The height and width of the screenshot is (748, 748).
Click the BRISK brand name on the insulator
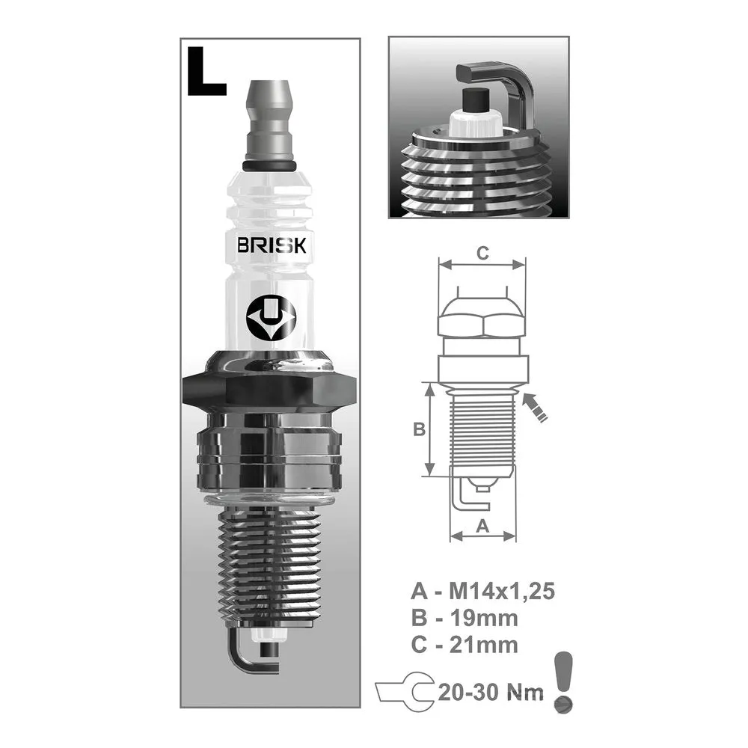(x=272, y=245)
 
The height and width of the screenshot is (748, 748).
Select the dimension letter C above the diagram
(x=482, y=253)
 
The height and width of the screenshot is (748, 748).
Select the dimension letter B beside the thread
(x=418, y=429)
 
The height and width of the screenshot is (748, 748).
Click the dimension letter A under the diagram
(x=482, y=526)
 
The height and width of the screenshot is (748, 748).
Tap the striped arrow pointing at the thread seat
(x=535, y=407)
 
